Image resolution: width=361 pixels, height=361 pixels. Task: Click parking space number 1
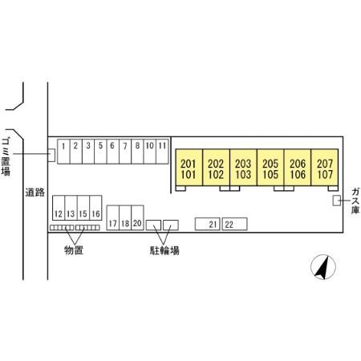[x=63, y=151]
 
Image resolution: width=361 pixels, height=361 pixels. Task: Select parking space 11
[x=162, y=151]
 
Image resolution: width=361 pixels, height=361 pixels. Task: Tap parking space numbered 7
[x=125, y=151]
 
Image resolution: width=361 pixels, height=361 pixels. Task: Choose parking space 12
[x=59, y=208]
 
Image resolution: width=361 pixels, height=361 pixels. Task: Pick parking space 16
[x=95, y=208]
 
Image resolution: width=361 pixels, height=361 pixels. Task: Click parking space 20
[x=137, y=217]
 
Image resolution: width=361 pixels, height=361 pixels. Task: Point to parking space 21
[x=208, y=224]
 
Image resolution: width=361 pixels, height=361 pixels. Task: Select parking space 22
[x=234, y=224]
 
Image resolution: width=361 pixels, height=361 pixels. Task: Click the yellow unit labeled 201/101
[x=189, y=168]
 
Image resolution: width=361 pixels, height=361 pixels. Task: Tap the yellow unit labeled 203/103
[x=243, y=168]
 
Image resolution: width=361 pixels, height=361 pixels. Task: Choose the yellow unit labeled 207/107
[x=325, y=168]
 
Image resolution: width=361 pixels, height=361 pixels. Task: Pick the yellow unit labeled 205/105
[x=270, y=168]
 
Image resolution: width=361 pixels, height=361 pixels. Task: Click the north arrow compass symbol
[x=323, y=267]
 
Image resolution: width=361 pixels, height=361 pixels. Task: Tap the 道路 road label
[x=35, y=193]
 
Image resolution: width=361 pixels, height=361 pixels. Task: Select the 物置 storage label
[x=74, y=250]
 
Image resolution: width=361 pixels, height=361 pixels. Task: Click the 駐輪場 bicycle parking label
[x=164, y=250]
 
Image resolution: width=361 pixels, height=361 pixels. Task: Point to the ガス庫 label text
[x=355, y=201]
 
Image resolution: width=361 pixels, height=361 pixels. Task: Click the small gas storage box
[x=337, y=201]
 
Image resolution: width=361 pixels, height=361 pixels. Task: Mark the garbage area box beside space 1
[x=51, y=156]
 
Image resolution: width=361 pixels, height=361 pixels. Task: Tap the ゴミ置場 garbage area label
[x=6, y=157]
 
